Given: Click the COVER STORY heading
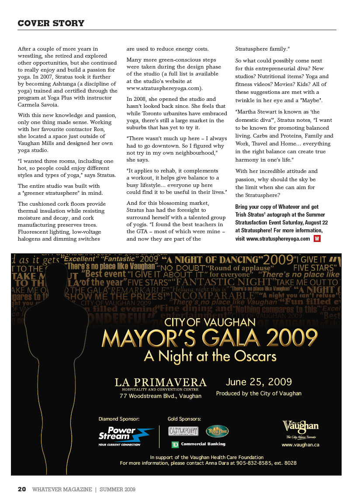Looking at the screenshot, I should coord(51,23).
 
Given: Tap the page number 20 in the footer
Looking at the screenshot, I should coord(22,490).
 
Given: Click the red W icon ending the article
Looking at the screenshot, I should coord(317,238).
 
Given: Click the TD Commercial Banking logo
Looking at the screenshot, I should coord(198,444).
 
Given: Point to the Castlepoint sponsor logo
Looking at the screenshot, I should coord(183,431).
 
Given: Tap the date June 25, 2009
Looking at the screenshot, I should coord(259,382).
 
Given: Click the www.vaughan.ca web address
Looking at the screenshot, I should coord(300,445).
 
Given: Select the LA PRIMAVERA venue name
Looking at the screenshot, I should coord(161,383).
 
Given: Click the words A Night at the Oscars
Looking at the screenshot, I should coord(210,356).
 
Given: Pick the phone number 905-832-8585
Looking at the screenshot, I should coord(255,463).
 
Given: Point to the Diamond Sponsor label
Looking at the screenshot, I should coord(119,419).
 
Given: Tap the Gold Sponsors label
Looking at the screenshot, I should coord(184,419).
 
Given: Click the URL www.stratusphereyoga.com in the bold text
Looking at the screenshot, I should coord(278,238).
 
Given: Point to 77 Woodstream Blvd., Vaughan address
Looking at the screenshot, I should coord(161,396).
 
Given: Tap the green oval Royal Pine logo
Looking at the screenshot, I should coord(217,431).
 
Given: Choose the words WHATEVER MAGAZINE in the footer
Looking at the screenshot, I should coord(62,490).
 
